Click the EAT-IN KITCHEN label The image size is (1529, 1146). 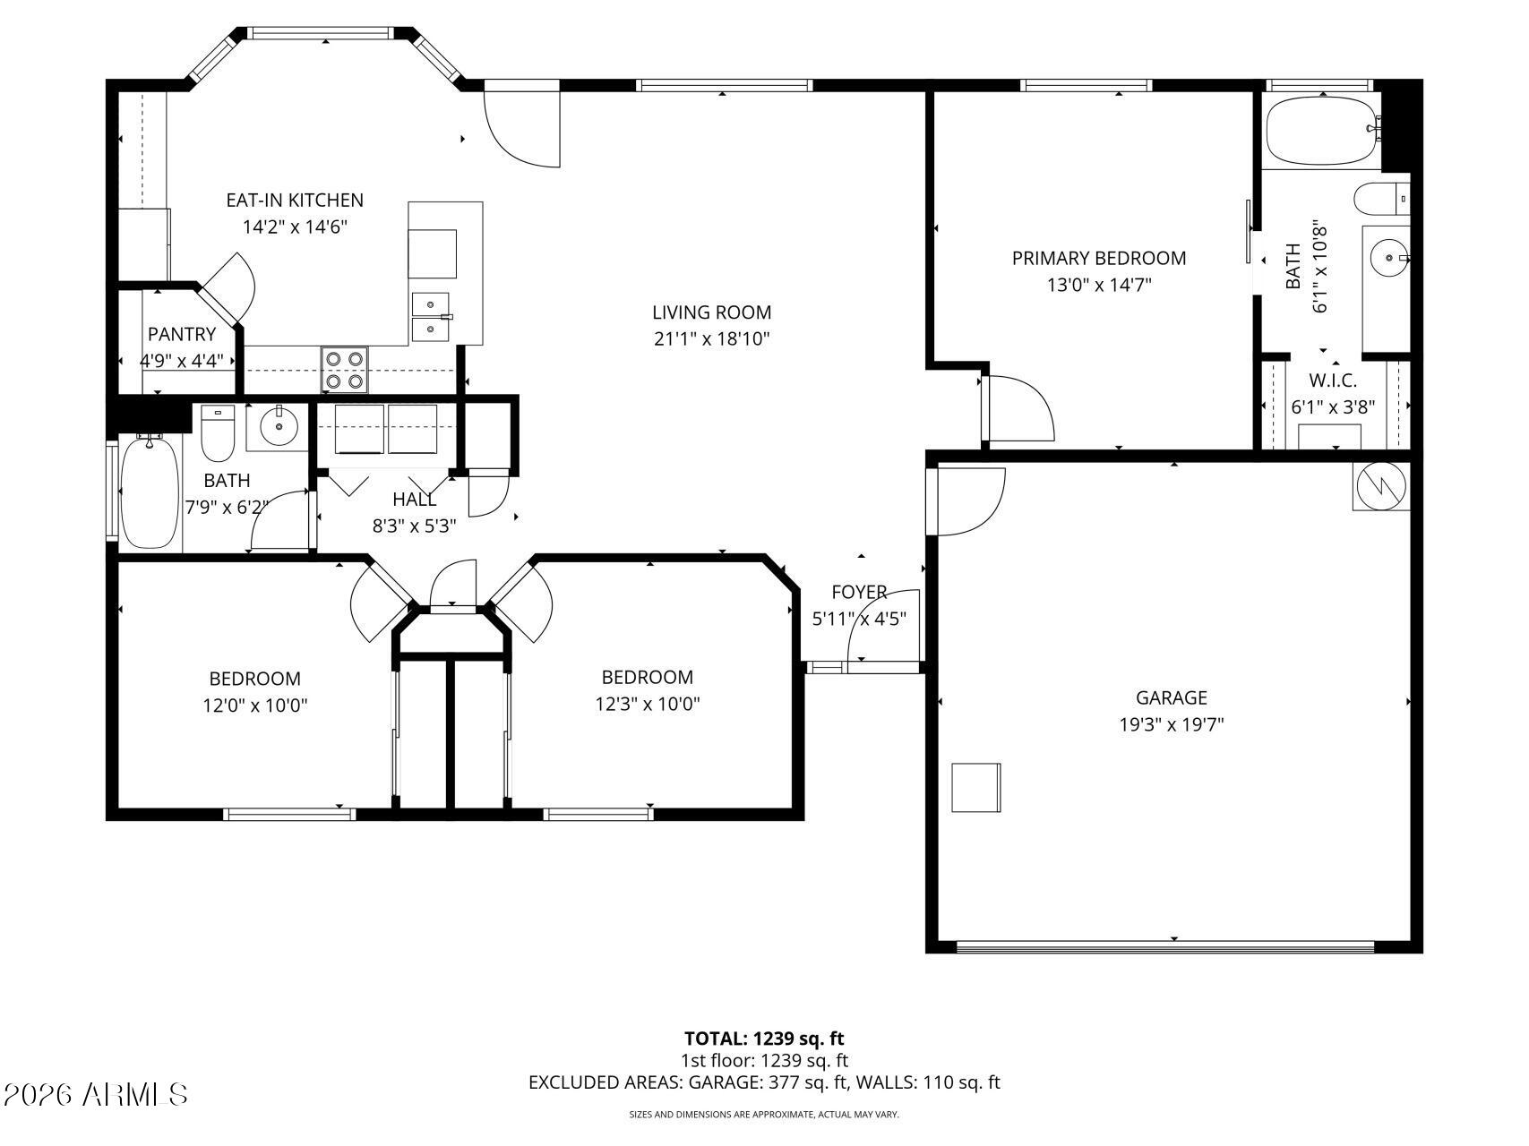pos(294,201)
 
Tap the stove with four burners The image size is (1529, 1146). pos(345,369)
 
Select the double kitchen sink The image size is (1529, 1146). pos(431,317)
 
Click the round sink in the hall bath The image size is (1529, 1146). pos(279,427)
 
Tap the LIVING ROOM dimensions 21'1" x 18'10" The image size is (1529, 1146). pos(711,339)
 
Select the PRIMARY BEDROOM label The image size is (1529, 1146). pos(1098,259)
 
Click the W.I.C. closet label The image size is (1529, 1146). pos(1332,381)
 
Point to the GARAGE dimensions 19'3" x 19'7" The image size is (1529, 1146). pos(1171,724)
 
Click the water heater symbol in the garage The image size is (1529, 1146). pos(1380,487)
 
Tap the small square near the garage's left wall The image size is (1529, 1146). pos(975,788)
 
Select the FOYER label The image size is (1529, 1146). pos(859,593)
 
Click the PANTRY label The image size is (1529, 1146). pos(182,334)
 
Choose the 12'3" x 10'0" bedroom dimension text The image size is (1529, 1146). pos(647,705)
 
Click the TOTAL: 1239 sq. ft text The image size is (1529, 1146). pos(764,1039)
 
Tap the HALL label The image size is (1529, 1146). pos(414,500)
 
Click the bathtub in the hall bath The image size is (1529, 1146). pos(150,492)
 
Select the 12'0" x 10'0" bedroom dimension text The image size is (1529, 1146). pos(254,706)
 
